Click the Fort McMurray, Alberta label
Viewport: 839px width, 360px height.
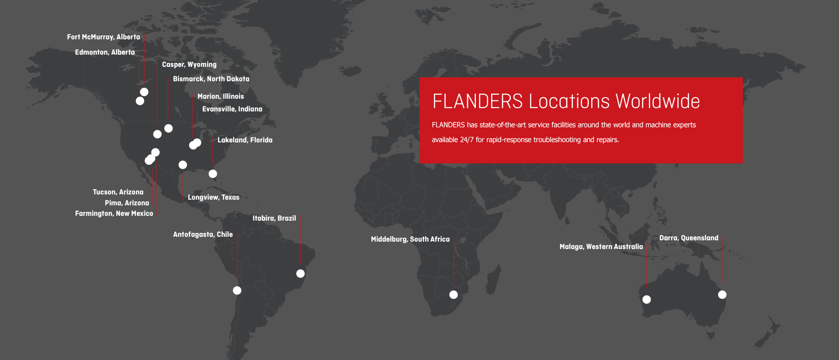point(104,37)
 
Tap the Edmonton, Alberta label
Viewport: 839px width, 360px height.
point(105,52)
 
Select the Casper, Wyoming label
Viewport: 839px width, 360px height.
point(189,65)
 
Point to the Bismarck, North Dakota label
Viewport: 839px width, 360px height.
point(211,79)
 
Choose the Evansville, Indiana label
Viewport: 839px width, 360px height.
point(232,109)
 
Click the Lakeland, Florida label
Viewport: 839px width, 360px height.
point(245,140)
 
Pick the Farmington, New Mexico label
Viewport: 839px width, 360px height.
point(114,214)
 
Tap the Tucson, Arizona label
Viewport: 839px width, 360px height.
point(118,192)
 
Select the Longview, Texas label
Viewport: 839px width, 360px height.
point(214,197)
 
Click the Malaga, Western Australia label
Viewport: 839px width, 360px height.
point(601,247)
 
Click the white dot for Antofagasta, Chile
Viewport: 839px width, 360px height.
point(237,291)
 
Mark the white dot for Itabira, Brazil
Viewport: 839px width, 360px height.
point(300,273)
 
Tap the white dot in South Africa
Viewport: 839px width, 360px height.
point(454,295)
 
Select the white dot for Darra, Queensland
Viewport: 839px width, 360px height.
point(722,295)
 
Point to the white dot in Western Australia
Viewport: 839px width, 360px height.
point(647,300)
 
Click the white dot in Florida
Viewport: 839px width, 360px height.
point(213,174)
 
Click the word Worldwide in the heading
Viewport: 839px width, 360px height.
point(658,101)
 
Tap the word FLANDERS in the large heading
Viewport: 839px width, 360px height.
point(477,101)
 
